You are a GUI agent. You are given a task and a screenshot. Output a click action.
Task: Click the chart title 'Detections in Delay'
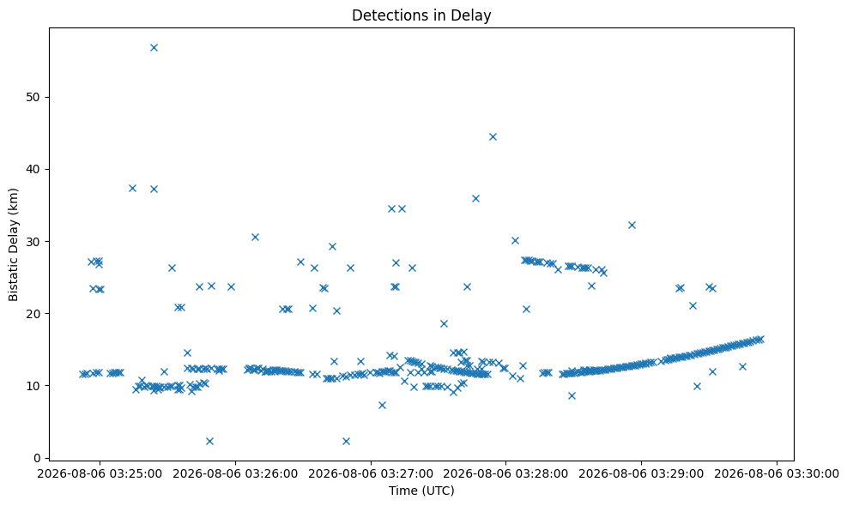421,15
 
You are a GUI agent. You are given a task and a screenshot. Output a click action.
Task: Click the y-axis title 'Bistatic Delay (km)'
13,244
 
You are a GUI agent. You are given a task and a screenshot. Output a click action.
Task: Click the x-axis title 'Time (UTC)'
421,491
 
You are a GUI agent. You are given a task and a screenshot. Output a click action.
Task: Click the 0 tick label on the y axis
38,458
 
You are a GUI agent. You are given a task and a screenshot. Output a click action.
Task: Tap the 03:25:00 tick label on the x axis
100,474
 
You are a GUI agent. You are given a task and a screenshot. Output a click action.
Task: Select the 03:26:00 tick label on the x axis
235,474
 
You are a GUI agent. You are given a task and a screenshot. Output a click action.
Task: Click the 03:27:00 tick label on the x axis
371,474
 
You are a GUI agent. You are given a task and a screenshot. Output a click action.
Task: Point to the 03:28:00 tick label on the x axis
505,474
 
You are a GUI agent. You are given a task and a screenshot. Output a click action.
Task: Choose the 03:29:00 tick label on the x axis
641,474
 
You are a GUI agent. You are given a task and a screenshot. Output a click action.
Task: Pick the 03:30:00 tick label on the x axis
777,474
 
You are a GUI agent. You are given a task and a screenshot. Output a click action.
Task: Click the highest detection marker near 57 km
154,47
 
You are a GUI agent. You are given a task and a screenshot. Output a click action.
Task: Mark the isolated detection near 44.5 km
493,136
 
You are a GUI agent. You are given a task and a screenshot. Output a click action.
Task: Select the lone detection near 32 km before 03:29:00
632,225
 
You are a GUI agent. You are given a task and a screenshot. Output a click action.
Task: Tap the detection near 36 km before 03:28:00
476,198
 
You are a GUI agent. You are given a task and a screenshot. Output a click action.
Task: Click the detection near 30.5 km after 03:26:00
256,237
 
